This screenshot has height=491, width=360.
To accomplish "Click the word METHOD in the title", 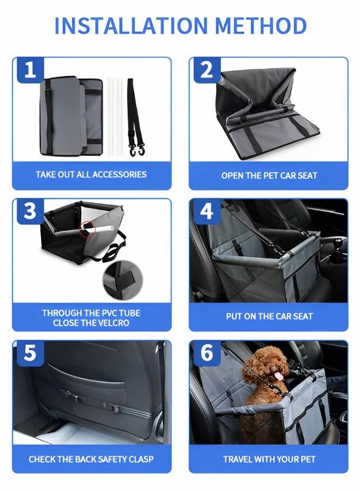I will pyautogui.click(x=261, y=26).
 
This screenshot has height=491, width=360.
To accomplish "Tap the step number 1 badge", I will pyautogui.click(x=31, y=70).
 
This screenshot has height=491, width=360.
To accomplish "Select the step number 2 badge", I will pyautogui.click(x=207, y=70).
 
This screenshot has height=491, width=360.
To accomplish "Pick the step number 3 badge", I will pyautogui.click(x=31, y=212).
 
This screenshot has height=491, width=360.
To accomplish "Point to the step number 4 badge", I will pyautogui.click(x=207, y=212).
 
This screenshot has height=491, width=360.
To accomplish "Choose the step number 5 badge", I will pyautogui.click(x=31, y=353).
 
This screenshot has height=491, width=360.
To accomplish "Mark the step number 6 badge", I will pyautogui.click(x=207, y=353).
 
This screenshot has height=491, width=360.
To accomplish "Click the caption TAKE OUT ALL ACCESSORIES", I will pyautogui.click(x=91, y=175).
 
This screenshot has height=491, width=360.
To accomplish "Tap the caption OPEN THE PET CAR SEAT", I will pyautogui.click(x=269, y=176).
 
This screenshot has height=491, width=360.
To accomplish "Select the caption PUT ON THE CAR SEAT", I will pyautogui.click(x=269, y=316).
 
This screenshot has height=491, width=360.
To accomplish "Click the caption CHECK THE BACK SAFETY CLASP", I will pyautogui.click(x=91, y=459).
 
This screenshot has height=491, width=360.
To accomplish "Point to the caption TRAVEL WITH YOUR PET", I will pyautogui.click(x=269, y=459).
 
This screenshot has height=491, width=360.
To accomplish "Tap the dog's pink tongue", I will pyautogui.click(x=280, y=376).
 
